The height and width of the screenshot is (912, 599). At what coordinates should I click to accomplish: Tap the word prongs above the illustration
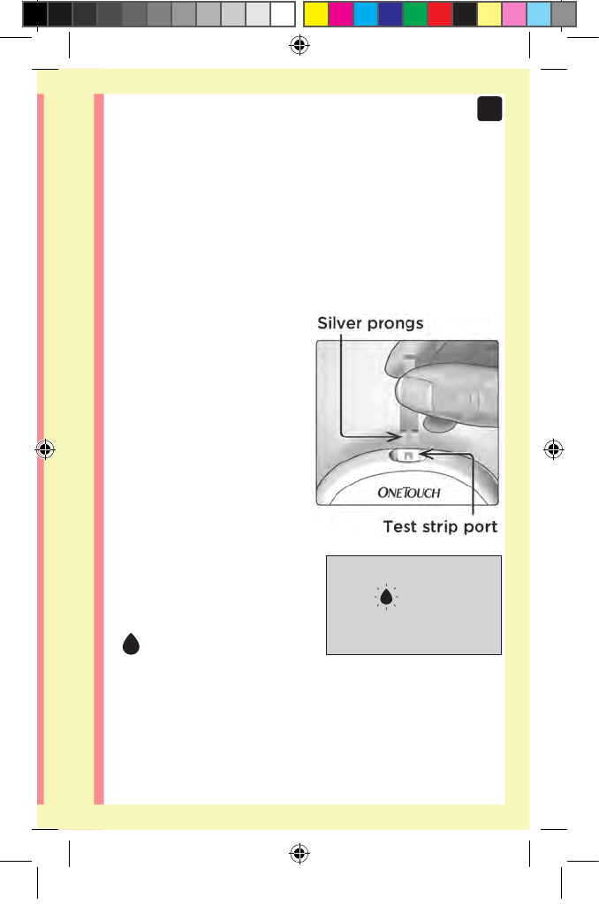tap(394, 324)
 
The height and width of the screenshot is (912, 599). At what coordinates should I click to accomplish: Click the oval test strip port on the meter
tap(409, 455)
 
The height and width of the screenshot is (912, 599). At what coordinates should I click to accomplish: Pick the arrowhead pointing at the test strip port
tap(425, 455)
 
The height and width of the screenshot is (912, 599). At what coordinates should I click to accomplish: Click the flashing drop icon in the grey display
tap(386, 598)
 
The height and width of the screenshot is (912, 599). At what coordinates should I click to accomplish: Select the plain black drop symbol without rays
tap(132, 645)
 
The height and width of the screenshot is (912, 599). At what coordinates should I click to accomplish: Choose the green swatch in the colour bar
tap(415, 14)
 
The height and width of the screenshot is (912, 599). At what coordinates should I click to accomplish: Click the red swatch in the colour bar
tap(440, 14)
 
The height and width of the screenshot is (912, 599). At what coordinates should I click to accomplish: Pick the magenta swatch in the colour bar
tap(341, 14)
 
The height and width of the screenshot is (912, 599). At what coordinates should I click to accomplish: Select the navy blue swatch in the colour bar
tap(390, 14)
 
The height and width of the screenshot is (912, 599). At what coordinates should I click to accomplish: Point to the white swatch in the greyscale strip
tap(282, 14)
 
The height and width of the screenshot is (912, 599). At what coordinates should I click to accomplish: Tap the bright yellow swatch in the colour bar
tap(316, 14)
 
